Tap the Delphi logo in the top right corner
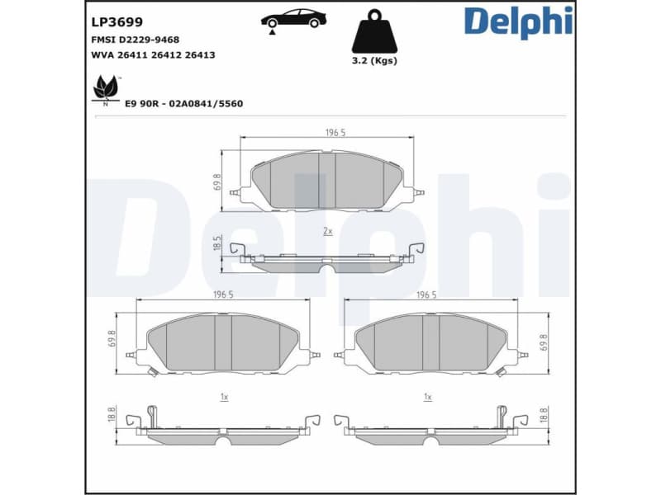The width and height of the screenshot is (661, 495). (517, 22)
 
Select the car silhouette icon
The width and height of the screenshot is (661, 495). (293, 19)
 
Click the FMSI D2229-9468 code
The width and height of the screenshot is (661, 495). (135, 39)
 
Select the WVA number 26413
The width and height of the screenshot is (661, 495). (201, 55)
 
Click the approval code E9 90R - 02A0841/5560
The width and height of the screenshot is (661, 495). (183, 104)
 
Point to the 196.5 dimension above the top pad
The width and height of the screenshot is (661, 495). (334, 132)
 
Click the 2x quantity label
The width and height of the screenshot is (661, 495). (327, 232)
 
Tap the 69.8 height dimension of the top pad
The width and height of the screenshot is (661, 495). (217, 181)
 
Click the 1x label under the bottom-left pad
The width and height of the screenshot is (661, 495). (223, 397)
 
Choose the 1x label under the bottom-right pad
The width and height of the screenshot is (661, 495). (427, 397)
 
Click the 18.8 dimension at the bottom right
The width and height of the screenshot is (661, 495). (543, 415)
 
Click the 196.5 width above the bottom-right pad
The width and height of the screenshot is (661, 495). (427, 295)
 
